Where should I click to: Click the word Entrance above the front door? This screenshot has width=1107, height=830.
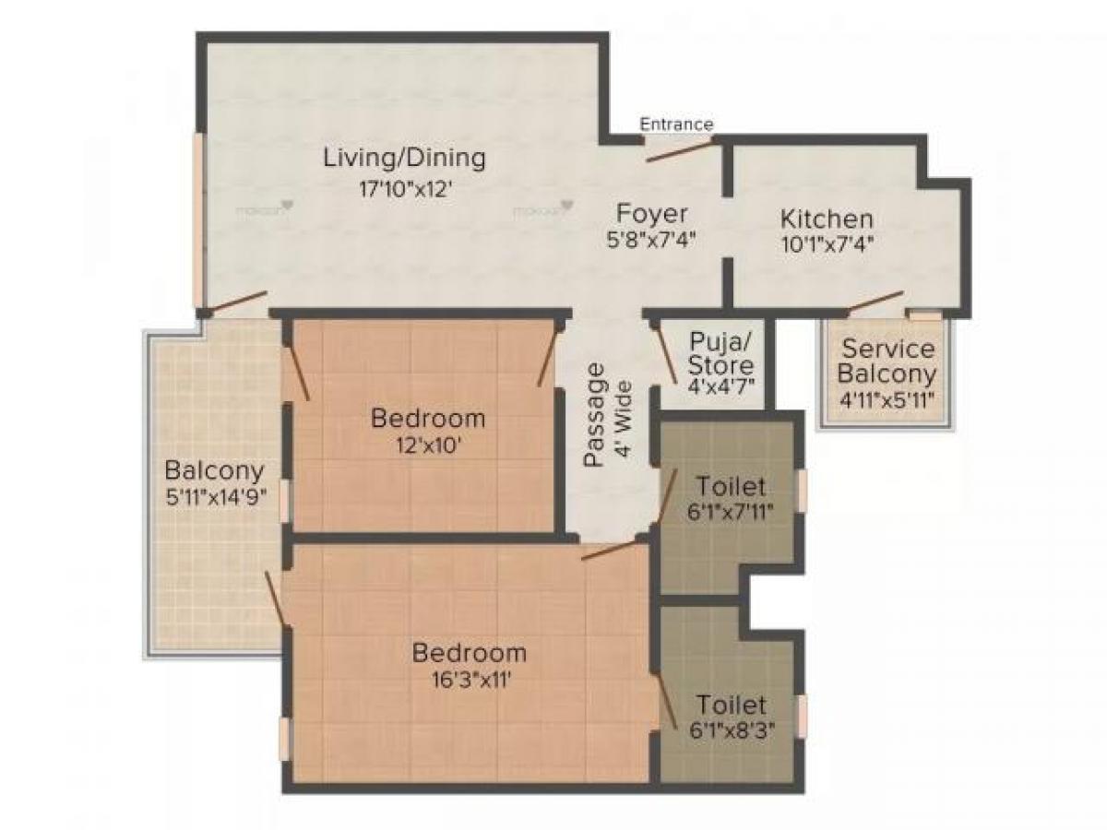[676, 124]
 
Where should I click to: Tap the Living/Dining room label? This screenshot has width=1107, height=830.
[404, 159]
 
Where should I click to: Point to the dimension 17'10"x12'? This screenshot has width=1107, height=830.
[404, 189]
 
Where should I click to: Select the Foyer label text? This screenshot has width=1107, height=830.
[651, 215]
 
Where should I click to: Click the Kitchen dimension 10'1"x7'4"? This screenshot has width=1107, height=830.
[827, 244]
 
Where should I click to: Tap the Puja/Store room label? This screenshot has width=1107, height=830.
[720, 354]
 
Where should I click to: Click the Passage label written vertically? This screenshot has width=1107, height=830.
[593, 414]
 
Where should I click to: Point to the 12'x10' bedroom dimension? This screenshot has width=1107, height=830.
[428, 445]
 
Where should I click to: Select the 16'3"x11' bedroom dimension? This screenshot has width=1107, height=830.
[471, 681]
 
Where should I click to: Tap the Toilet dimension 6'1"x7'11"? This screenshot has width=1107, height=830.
[730, 513]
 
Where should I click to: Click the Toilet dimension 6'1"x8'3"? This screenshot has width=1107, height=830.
[732, 730]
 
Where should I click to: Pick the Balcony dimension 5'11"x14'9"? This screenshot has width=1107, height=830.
[215, 498]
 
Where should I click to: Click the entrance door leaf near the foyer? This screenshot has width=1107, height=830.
[679, 151]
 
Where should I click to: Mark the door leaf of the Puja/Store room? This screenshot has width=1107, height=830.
[665, 352]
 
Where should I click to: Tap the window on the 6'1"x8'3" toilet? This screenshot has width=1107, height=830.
[802, 717]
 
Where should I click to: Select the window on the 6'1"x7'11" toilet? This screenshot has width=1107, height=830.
[802, 491]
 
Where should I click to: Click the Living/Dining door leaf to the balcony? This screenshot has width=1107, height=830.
[237, 302]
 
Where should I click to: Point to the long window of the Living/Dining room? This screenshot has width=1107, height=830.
[198, 219]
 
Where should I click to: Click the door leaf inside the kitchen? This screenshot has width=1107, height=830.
[875, 302]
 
